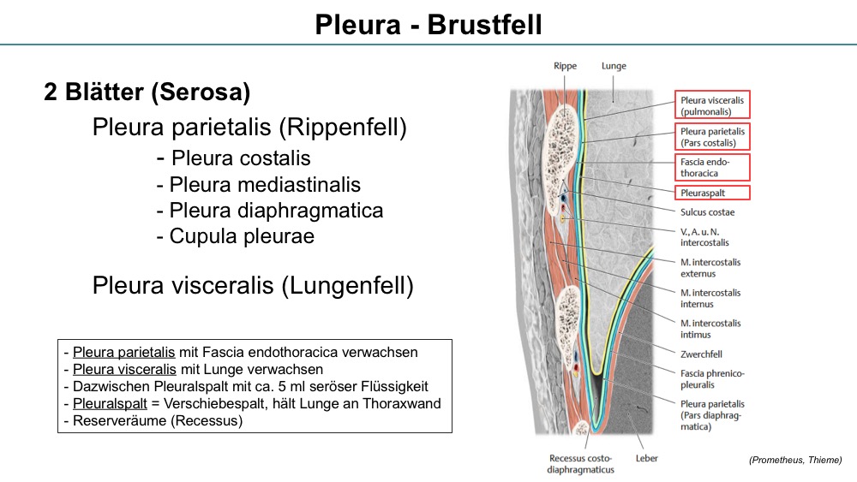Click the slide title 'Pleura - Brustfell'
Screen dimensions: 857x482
(428, 25)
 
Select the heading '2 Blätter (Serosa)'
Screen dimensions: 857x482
(147, 92)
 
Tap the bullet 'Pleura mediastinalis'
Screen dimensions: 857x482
(265, 185)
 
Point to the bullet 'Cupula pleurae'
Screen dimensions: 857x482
(242, 236)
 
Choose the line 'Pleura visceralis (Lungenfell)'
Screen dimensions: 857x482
(253, 285)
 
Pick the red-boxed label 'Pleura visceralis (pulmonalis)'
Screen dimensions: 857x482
(711, 104)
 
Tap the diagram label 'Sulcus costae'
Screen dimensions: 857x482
(707, 212)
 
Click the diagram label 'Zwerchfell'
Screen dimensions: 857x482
(701, 354)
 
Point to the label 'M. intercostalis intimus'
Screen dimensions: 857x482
(710, 329)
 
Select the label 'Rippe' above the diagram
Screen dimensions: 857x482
(565, 66)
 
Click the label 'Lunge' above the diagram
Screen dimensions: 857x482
(614, 66)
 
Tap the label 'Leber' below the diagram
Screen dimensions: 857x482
(646, 459)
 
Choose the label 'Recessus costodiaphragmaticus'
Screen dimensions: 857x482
(580, 464)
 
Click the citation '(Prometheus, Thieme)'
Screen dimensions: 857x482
(795, 460)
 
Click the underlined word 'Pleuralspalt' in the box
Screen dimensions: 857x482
(110, 404)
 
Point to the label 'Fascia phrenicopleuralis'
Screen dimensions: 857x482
(712, 378)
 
